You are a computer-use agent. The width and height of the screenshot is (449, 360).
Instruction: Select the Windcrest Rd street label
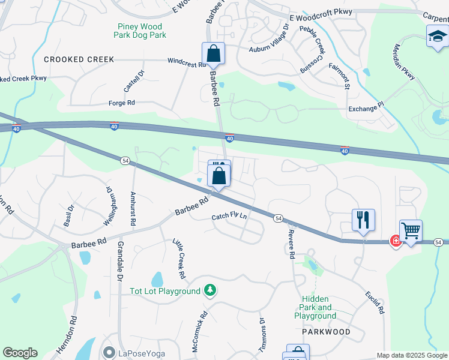(x=187, y=61)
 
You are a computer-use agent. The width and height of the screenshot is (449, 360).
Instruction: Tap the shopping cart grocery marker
(x=411, y=230)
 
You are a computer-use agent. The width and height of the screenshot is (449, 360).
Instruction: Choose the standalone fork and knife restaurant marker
(x=363, y=220)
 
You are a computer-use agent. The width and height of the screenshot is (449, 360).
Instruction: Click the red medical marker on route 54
(x=396, y=241)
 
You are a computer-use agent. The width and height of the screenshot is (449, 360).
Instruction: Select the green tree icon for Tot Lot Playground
(x=209, y=291)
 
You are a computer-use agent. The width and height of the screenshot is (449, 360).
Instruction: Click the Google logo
(x=20, y=353)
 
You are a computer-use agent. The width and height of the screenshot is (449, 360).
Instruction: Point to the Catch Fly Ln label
(x=229, y=217)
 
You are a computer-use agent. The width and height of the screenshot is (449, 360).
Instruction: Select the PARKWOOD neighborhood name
(x=326, y=331)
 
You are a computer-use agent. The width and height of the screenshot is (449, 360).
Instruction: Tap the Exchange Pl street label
(x=366, y=109)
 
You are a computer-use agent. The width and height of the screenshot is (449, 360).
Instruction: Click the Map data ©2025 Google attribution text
(x=411, y=355)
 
